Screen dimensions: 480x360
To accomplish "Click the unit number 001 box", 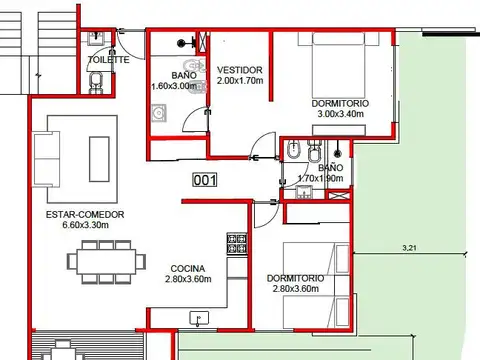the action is click(x=205, y=180).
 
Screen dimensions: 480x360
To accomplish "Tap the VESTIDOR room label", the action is click(x=240, y=70).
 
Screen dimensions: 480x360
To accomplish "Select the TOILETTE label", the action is click(x=109, y=60).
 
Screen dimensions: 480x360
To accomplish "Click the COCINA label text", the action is click(x=188, y=268).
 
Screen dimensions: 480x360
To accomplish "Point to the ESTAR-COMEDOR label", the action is click(x=85, y=214).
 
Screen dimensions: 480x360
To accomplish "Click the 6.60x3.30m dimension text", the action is click(x=85, y=225).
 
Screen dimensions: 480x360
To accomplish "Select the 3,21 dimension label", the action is click(x=409, y=248).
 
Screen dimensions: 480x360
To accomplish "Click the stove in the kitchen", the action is click(x=237, y=244).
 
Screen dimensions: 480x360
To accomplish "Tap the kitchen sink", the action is click(x=199, y=319).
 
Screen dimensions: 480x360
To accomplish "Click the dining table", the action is click(x=106, y=262).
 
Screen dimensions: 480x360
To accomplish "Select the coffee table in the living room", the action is click(x=99, y=159).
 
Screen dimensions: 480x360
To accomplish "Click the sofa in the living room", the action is click(x=46, y=159).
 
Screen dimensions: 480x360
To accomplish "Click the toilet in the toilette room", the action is click(x=96, y=82).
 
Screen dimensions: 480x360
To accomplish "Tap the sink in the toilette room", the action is click(x=96, y=38).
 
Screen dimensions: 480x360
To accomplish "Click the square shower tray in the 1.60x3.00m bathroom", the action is click(x=159, y=113).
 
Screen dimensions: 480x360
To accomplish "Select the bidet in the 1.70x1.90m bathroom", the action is click(x=293, y=150).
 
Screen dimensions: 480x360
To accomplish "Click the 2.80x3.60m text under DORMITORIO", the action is click(x=296, y=289).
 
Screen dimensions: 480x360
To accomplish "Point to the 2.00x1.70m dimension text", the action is click(x=240, y=81).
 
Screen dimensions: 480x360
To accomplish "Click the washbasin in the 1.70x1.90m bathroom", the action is click(x=304, y=192).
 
